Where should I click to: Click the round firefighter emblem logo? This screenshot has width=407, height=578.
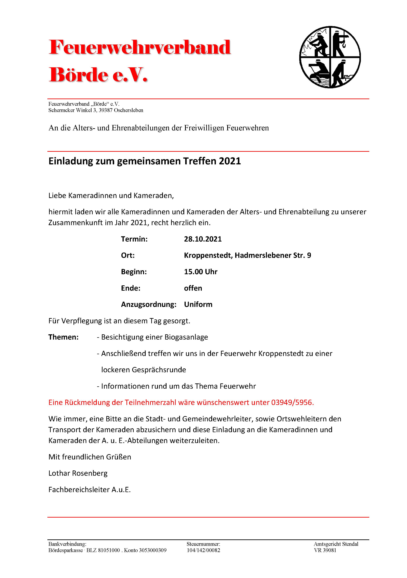point(330,57)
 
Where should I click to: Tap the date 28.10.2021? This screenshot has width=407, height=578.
point(203,239)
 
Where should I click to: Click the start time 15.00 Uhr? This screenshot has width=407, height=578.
point(200,272)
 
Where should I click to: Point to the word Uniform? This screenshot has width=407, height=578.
point(198,304)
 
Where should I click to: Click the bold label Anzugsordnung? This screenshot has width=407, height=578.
point(149,304)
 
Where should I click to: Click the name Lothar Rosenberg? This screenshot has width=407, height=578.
point(78,473)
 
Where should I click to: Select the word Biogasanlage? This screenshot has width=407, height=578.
point(186,337)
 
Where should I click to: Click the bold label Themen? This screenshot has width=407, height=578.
point(63,337)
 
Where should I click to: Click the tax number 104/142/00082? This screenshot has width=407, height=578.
point(203,550)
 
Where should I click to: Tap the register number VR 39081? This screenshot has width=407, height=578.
point(325,550)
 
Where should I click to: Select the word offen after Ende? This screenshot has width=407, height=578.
point(193,288)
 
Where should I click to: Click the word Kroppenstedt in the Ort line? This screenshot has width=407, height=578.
point(208,255)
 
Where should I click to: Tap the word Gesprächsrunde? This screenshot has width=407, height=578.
point(159,370)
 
